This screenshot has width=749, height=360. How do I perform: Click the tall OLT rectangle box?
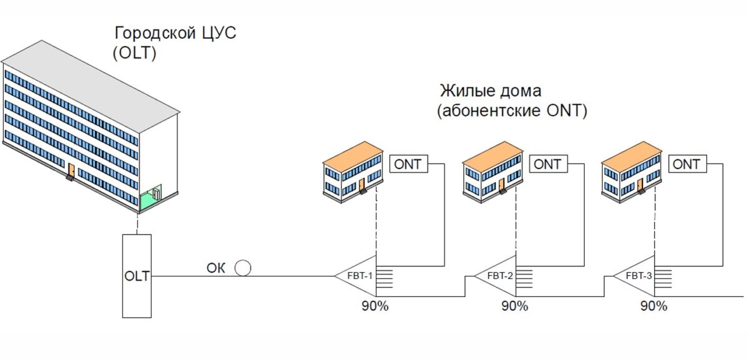137,275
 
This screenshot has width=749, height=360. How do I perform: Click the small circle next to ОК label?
243,268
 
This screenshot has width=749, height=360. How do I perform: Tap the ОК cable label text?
216,269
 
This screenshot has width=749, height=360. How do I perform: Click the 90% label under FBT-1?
375,306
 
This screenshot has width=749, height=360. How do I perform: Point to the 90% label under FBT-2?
514,306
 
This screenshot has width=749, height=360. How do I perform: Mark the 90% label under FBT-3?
654,306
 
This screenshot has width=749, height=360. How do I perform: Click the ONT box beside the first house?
409,165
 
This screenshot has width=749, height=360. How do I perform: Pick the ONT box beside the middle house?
548,165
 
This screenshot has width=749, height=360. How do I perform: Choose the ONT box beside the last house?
687,165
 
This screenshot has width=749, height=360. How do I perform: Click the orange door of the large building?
72,170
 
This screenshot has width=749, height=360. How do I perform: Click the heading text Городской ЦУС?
175,32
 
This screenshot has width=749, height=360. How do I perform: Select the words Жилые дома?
491,90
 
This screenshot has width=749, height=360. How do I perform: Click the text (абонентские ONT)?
512,112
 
